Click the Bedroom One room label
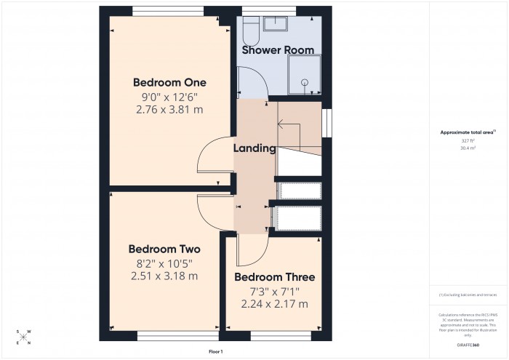click(x=169, y=81)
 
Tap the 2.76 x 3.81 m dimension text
click(x=169, y=110)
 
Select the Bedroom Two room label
click(x=164, y=249)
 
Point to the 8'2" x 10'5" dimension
click(x=164, y=263)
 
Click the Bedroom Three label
click(x=274, y=277)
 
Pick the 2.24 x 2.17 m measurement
click(x=274, y=304)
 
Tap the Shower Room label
click(x=278, y=50)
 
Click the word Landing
click(x=254, y=148)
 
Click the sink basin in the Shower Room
click(x=276, y=25)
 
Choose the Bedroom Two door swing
click(x=211, y=212)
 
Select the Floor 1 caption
click(x=216, y=352)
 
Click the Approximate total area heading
click(x=468, y=132)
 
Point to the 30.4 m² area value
click(x=468, y=147)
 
